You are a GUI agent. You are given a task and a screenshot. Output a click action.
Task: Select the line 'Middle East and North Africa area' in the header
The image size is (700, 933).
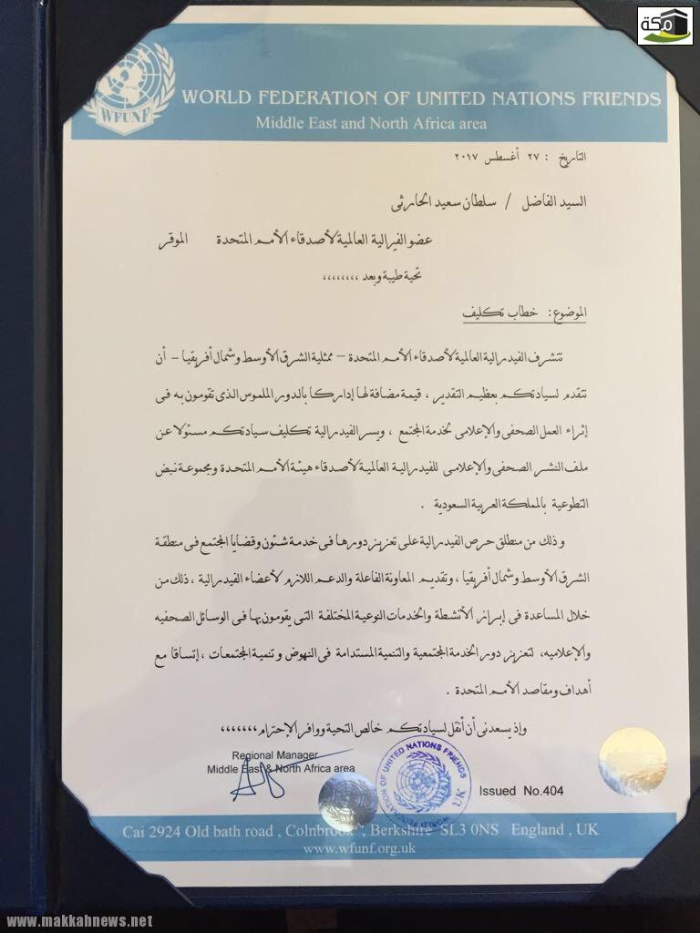(370, 123)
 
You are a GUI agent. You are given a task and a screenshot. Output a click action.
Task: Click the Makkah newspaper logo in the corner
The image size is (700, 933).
(664, 25)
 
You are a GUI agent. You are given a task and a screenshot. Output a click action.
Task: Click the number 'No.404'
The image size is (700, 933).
(543, 791)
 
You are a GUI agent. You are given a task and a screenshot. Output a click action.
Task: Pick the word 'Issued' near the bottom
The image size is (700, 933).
(497, 791)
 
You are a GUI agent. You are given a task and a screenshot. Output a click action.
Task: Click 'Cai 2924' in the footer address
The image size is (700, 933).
(151, 832)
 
